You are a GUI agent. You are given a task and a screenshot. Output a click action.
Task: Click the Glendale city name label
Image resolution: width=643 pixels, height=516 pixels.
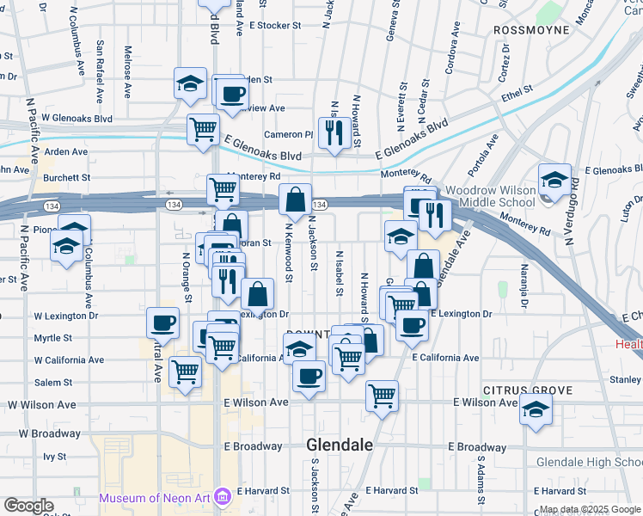click(340, 445)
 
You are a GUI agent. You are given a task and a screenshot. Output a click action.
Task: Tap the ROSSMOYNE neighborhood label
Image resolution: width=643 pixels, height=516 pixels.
click(532, 30)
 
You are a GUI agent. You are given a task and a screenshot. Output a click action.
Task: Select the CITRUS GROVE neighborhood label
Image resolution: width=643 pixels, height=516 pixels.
click(527, 390)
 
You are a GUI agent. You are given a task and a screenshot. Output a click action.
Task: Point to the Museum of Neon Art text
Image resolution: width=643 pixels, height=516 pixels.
click(155, 498)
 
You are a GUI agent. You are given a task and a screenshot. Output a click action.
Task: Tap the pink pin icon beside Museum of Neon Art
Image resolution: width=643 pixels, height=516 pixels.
click(223, 497)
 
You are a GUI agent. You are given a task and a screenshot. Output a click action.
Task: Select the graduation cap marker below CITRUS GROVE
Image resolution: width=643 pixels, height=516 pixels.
click(535, 410)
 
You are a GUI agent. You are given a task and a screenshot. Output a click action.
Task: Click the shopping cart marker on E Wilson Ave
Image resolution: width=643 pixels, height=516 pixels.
click(382, 396)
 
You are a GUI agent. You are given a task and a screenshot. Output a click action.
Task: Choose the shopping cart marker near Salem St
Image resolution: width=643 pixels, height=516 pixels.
click(186, 372)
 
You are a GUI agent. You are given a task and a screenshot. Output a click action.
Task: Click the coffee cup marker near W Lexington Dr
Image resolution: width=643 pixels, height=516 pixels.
click(163, 323)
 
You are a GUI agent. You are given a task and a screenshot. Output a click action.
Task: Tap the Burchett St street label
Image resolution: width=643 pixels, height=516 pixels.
click(68, 177)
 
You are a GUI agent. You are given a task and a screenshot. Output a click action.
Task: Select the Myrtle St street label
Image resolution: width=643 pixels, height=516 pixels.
click(52, 338)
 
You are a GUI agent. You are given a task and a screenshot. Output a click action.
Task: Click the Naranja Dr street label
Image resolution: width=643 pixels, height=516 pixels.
click(522, 287)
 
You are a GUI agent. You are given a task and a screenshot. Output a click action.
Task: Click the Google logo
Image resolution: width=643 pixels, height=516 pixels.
click(28, 506)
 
